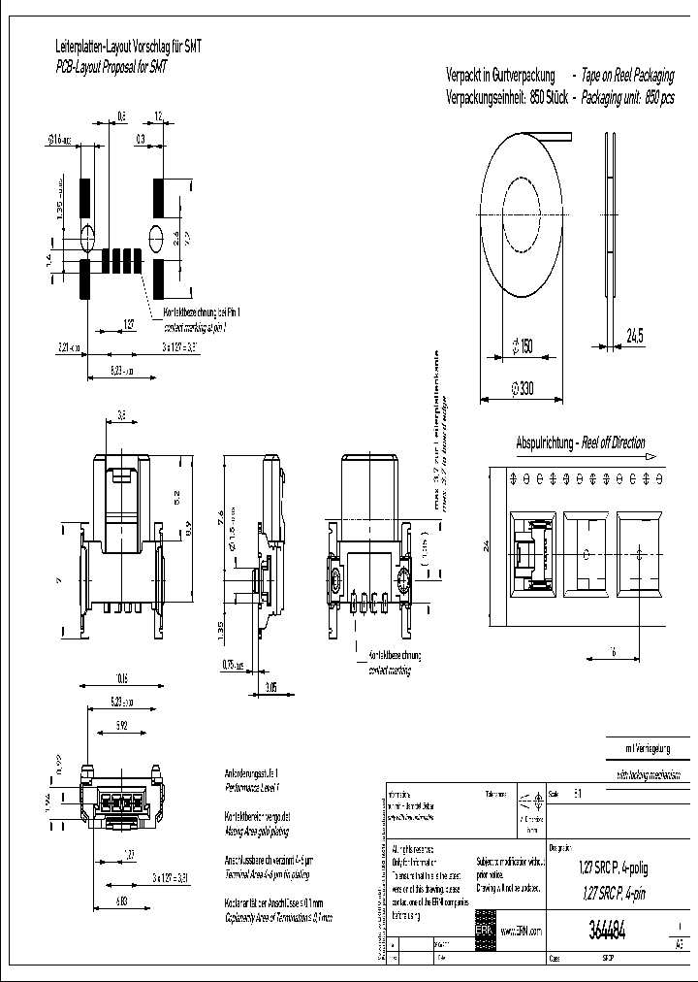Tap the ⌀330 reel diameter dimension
click(x=523, y=389)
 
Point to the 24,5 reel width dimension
click(x=636, y=336)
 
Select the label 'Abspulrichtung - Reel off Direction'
click(x=580, y=443)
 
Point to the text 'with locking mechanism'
click(x=651, y=775)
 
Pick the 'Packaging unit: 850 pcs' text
click(x=627, y=99)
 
